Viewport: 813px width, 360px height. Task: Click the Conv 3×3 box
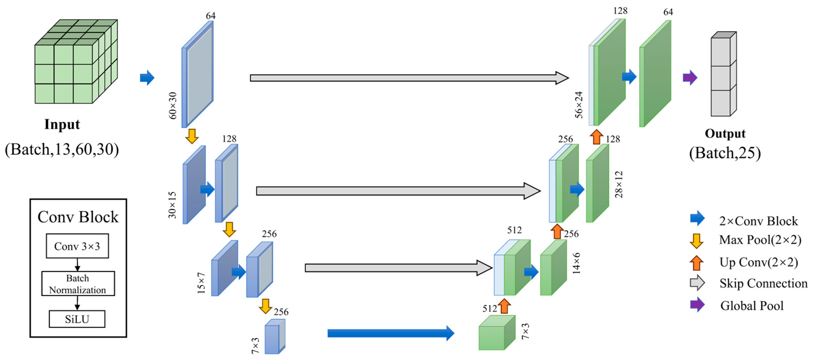[x=77, y=246]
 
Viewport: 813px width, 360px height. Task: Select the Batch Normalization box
[x=78, y=284]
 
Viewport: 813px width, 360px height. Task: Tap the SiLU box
[x=77, y=319]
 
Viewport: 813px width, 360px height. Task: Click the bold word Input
[x=62, y=124]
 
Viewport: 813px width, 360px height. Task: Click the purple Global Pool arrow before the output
[x=690, y=78]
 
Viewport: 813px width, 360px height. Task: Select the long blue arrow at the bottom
[x=390, y=333]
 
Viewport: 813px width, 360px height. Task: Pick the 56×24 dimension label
[x=579, y=105]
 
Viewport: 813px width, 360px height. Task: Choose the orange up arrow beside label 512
[x=504, y=306]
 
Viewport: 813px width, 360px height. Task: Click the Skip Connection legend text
[x=763, y=283]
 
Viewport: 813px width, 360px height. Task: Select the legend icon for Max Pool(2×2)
[x=696, y=241]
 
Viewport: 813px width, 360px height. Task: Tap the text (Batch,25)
[x=725, y=153]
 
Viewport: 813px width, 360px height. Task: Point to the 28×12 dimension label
[x=619, y=184]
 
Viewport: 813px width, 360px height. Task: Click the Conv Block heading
[x=78, y=217]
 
